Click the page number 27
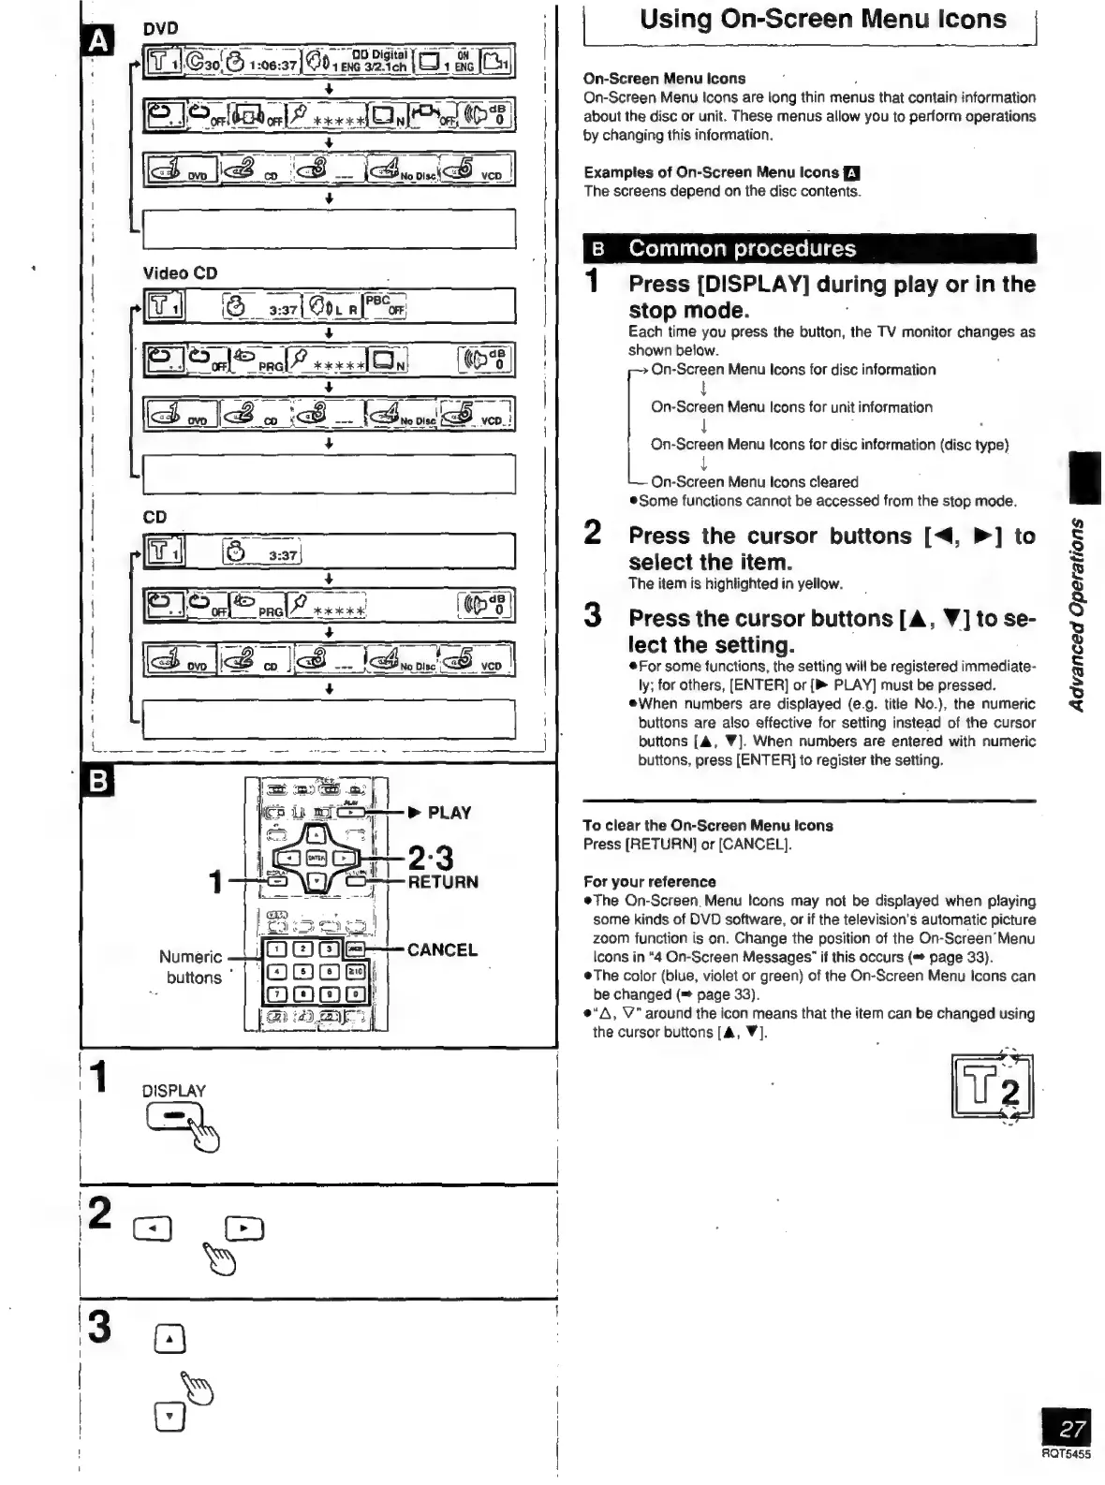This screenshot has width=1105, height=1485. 1071,1429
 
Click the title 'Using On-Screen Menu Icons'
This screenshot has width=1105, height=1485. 822,20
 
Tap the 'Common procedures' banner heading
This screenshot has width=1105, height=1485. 742,249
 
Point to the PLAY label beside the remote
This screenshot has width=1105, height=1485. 449,813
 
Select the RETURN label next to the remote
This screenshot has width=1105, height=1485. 443,882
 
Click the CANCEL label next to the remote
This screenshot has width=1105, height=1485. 442,949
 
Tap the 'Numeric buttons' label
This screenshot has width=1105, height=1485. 192,967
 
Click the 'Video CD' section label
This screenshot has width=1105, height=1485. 180,273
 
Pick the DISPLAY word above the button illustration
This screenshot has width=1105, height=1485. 173,1091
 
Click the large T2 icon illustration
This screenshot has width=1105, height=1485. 992,1086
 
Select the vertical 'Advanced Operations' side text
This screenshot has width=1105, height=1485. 1079,613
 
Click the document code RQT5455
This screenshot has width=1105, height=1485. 1066,1454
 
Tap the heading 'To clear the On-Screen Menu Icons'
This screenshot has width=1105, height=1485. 707,825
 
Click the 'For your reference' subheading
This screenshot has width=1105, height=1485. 649,881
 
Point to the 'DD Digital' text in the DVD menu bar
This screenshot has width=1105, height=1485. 379,55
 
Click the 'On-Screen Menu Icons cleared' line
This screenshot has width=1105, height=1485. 754,481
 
